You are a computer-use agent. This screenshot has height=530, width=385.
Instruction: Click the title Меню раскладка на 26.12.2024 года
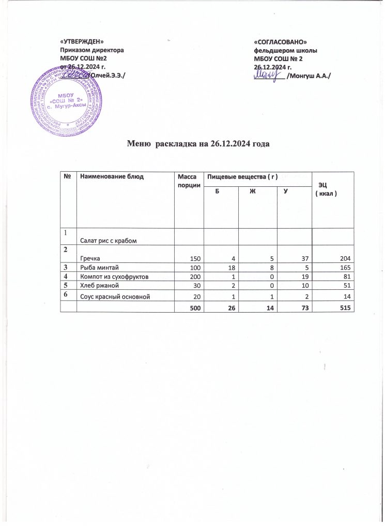199,144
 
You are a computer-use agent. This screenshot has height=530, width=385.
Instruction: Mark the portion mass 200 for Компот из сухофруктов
193,277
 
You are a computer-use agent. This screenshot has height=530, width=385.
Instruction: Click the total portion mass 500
193,307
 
